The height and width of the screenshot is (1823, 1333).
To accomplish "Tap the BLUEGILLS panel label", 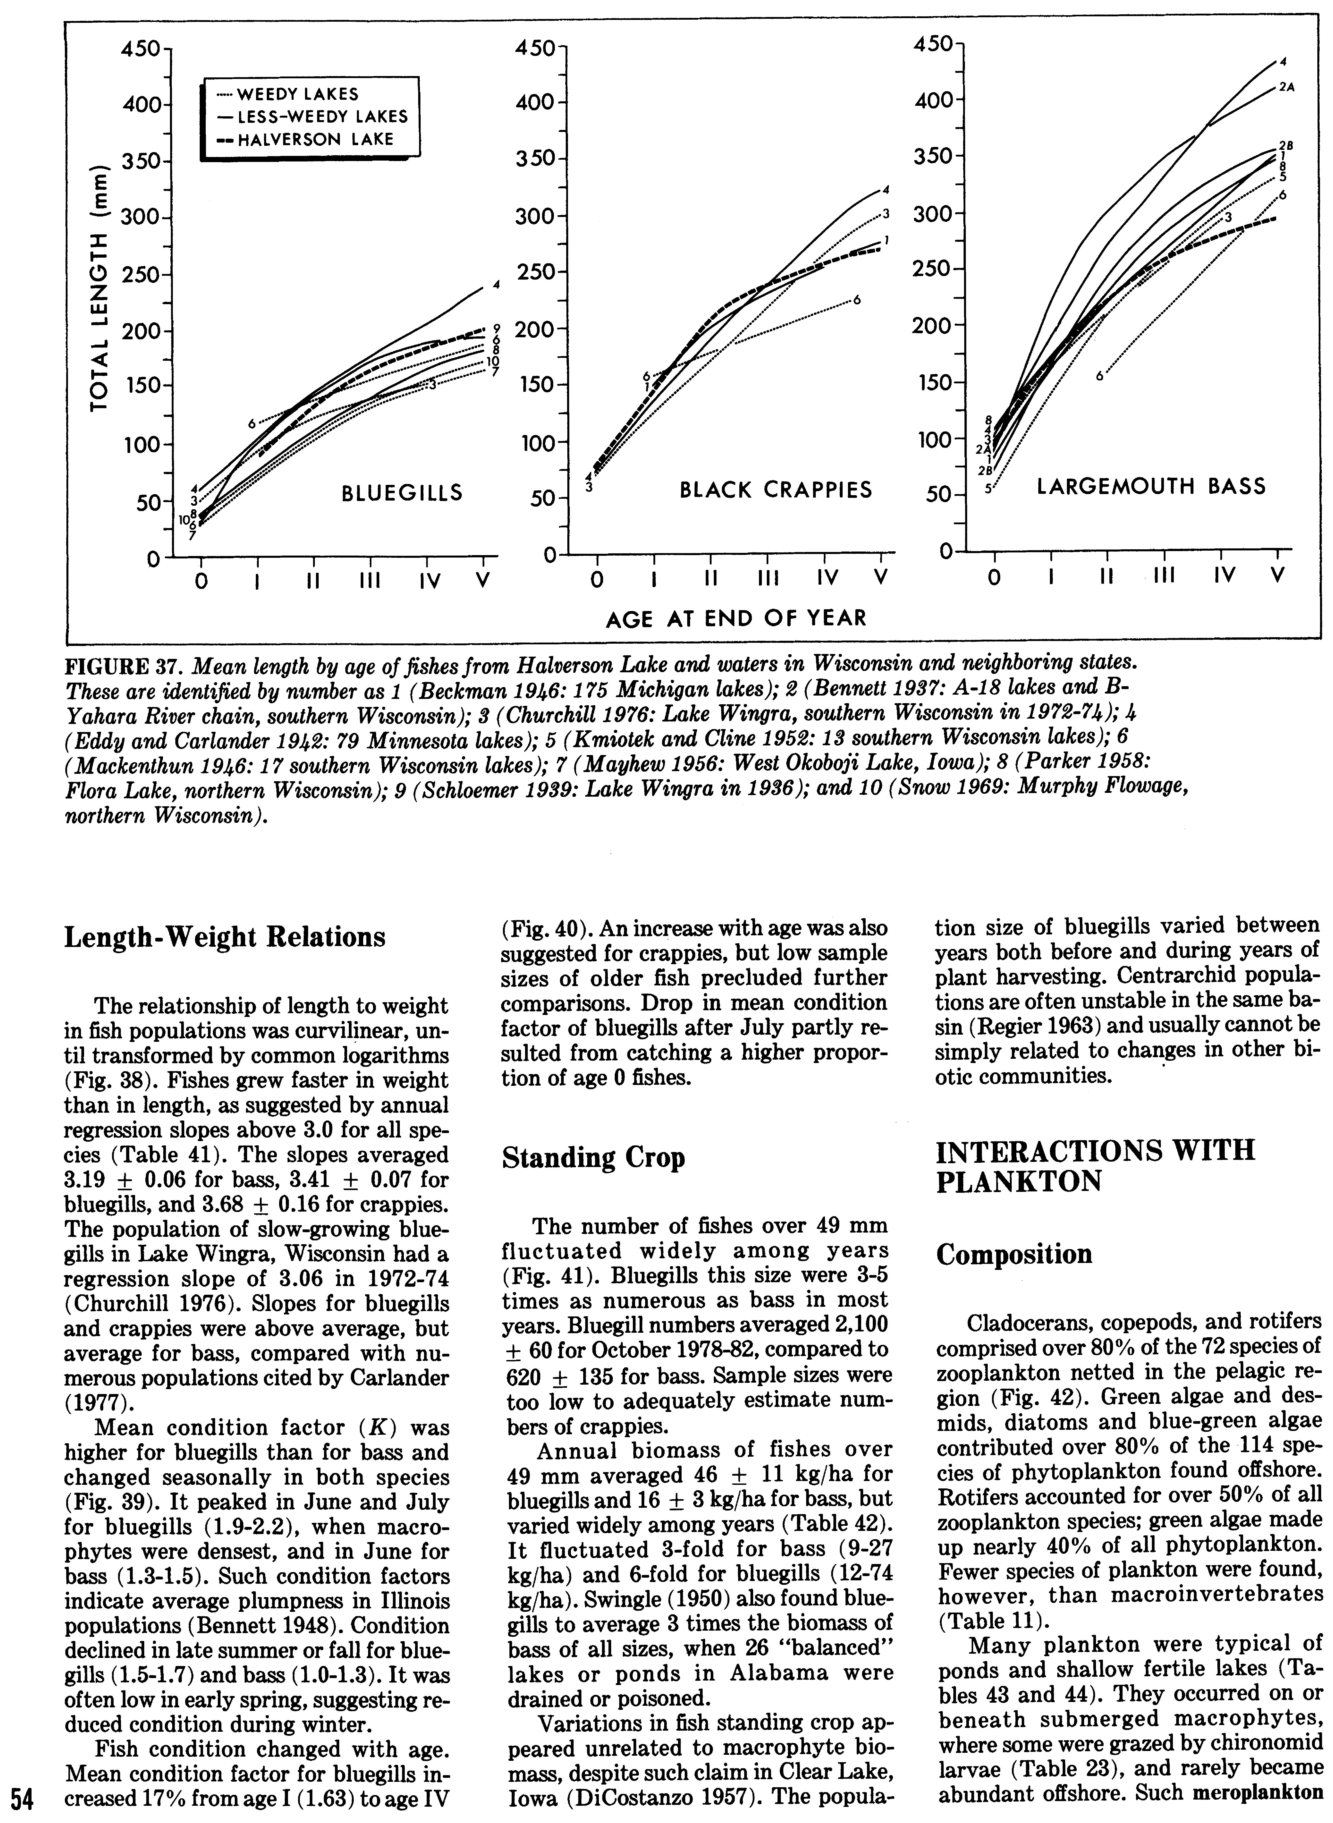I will click(x=403, y=491).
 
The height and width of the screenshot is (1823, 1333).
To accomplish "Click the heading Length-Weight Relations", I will click(x=224, y=937).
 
